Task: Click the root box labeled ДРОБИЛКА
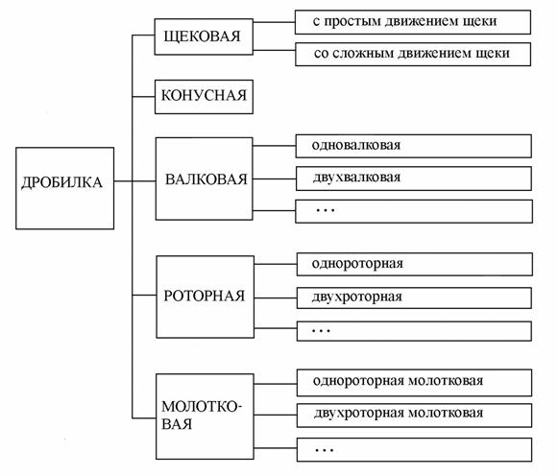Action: tap(64, 188)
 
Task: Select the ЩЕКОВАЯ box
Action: tap(204, 36)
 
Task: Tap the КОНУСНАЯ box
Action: tap(204, 97)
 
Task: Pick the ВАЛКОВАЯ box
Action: tap(205, 178)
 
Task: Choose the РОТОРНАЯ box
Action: tap(206, 297)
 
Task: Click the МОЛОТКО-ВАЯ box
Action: tap(205, 416)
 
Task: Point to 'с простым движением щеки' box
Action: tap(413, 22)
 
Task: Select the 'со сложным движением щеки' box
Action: tap(413, 55)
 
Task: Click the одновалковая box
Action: tap(414, 146)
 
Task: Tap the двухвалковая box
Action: tap(414, 178)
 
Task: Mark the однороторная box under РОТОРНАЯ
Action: tap(415, 264)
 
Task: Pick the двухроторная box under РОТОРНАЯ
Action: tap(414, 297)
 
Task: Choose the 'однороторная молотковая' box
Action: tap(414, 383)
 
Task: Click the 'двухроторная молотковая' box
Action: tap(414, 415)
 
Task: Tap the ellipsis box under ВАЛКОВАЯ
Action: tap(414, 211)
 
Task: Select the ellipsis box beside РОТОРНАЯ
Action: tap(414, 331)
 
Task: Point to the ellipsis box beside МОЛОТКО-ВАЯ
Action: tap(414, 450)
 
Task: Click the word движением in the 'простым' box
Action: tap(422, 22)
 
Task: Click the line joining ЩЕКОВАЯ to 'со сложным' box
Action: tap(274, 50)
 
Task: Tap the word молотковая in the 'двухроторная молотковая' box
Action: tap(446, 413)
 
